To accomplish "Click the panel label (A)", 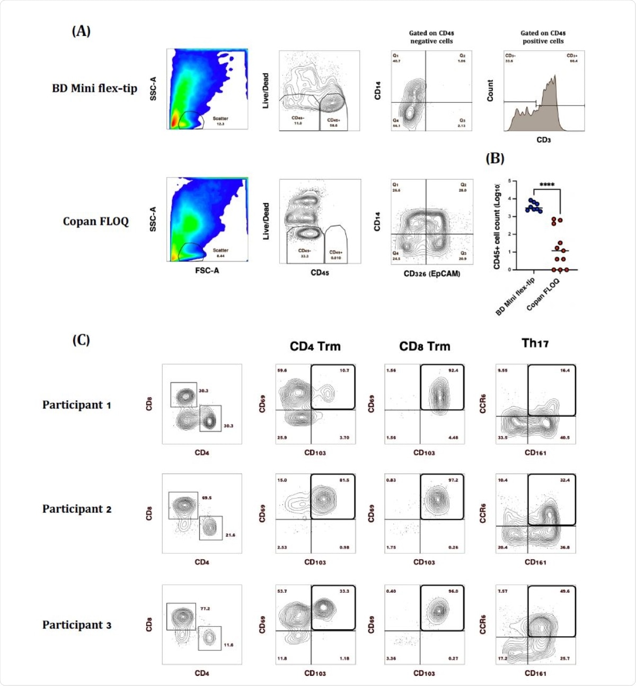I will click(x=81, y=31).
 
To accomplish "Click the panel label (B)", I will click(x=494, y=159).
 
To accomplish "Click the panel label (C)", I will click(x=81, y=340).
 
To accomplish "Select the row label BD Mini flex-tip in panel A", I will click(x=94, y=89).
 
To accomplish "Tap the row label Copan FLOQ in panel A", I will click(x=95, y=221).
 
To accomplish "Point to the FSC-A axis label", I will click(x=207, y=270).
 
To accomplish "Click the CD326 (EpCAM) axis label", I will click(x=431, y=274).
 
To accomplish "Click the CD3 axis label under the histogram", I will click(x=543, y=140).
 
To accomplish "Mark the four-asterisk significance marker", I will click(x=546, y=185).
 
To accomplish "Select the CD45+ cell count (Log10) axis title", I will click(x=497, y=226).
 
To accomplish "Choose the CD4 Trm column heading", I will click(x=315, y=346).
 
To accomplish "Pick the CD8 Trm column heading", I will click(x=425, y=346).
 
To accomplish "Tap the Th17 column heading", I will click(x=535, y=344).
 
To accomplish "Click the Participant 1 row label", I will click(x=76, y=405).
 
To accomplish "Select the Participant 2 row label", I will click(x=76, y=509).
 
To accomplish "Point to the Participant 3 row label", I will click(x=76, y=625).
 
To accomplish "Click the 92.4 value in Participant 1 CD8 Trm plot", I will click(x=453, y=371).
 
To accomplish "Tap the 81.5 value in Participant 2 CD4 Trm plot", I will click(x=344, y=480).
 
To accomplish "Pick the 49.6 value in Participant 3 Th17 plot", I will click(x=564, y=591).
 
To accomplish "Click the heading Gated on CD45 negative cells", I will click(x=431, y=37).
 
